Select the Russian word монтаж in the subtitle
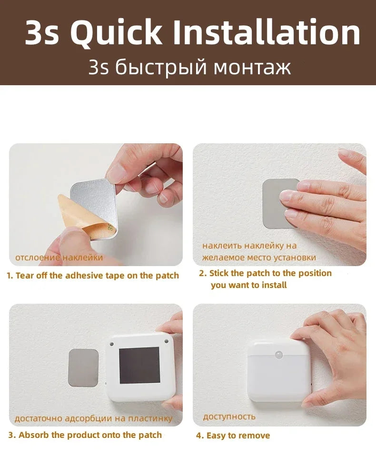[252, 67]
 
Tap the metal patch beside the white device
[83, 367]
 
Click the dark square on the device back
[139, 365]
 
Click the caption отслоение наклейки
[59, 258]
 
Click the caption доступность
[229, 416]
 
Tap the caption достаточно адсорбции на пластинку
[93, 418]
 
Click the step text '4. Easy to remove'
[233, 435]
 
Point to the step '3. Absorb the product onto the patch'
[85, 435]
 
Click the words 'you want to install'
[248, 285]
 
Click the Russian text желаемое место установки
[259, 258]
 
